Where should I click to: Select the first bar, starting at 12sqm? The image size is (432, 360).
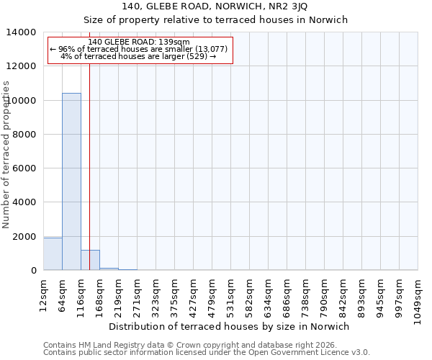[x=53, y=254]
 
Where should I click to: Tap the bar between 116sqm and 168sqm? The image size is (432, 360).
[x=90, y=261]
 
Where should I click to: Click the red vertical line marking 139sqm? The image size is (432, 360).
[x=89, y=158]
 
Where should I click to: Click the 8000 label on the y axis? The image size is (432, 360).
[x=24, y=135]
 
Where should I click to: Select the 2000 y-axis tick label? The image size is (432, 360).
[x=24, y=237]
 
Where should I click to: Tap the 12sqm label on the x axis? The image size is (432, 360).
[x=44, y=293]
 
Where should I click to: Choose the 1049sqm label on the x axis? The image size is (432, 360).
[x=418, y=297]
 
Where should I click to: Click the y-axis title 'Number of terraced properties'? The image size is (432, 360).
[x=6, y=154]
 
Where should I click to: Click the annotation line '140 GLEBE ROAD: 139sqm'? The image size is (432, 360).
[x=139, y=42]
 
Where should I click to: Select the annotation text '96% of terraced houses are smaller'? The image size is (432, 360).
[x=139, y=49]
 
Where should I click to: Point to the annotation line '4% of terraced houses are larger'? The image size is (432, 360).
[x=139, y=56]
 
